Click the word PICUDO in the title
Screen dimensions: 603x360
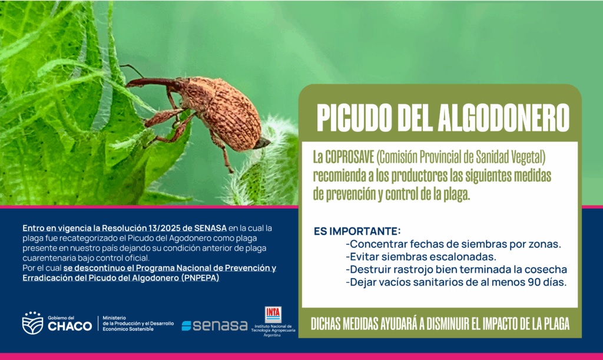pos(354,118)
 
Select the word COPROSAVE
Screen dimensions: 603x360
pos(350,157)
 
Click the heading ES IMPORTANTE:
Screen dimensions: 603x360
pos(357,231)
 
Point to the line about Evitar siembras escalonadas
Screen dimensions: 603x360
pos(421,256)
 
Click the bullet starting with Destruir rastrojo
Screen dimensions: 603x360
pos(456,269)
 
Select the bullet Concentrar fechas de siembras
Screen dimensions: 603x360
pos(453,244)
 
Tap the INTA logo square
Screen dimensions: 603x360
pos(273,315)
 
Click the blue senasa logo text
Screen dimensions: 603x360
pos(214,325)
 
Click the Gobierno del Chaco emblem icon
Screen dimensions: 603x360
pos(33,323)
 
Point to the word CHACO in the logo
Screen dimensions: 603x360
pos(70,326)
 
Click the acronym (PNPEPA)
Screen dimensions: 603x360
pos(200,278)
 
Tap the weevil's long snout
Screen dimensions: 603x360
pos(151,81)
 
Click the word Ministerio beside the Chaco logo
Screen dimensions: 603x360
pos(114,318)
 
